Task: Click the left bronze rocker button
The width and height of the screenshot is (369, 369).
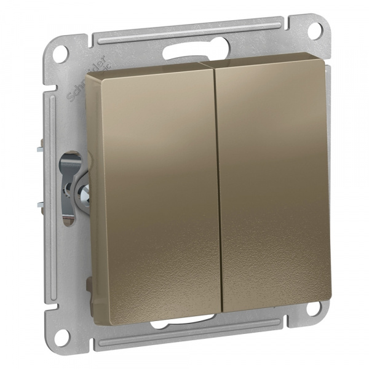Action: point(154,184)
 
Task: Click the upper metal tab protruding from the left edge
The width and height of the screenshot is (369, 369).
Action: point(40,146)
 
